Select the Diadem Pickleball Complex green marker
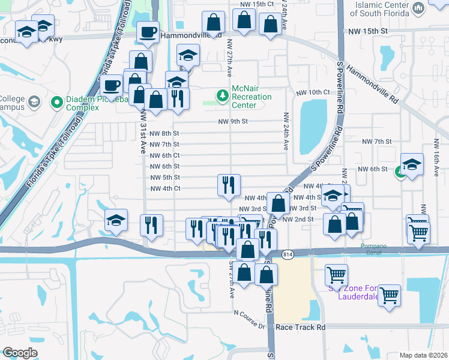pos(57,102)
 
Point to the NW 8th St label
pos(164,134)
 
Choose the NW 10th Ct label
pos(313,93)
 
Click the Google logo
pos(20,353)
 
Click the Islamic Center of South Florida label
pos(382,9)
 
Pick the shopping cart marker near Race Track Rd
pos(390,295)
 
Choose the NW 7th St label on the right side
pos(377,142)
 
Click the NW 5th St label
pos(164,178)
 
